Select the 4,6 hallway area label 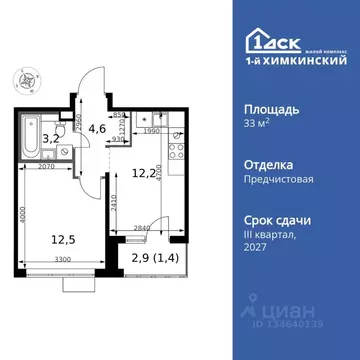(97, 127)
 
